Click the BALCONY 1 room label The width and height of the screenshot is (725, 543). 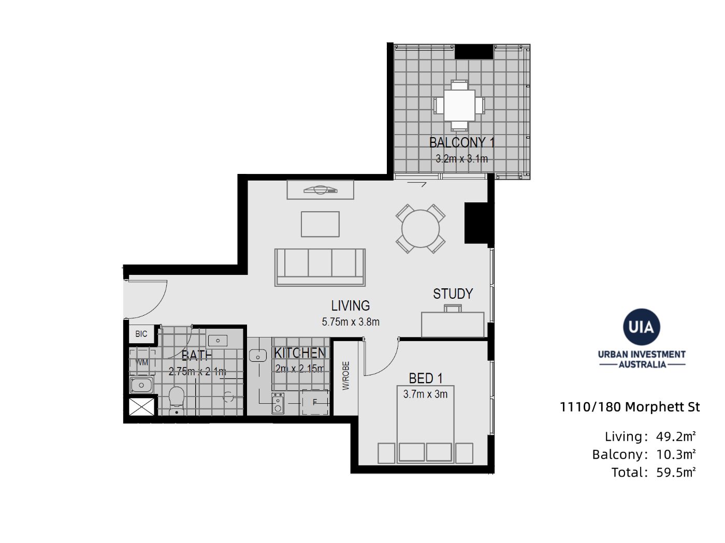click(x=461, y=142)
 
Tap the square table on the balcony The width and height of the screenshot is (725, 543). click(x=459, y=105)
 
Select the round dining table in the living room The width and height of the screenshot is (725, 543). click(x=421, y=228)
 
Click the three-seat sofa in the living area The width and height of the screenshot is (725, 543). click(x=320, y=268)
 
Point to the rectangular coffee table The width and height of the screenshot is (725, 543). click(x=320, y=224)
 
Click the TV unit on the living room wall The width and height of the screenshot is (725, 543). click(x=321, y=189)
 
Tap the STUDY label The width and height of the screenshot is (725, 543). click(x=453, y=293)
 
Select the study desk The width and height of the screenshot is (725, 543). click(x=453, y=325)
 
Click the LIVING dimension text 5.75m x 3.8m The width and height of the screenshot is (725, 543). click(x=351, y=321)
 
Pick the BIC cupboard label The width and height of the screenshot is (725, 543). click(x=141, y=334)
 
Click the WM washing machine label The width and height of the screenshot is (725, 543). click(x=142, y=362)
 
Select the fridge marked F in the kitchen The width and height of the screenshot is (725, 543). click(x=315, y=402)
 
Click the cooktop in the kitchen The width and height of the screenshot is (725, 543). click(x=278, y=403)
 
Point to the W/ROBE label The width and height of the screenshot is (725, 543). click(x=346, y=376)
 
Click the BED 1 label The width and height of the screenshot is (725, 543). click(x=426, y=378)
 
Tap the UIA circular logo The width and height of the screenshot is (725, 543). click(x=642, y=327)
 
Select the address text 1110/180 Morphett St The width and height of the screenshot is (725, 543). click(x=630, y=407)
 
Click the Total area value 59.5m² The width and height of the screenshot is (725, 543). click(x=676, y=473)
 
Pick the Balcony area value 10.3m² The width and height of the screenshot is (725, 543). click(x=676, y=454)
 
